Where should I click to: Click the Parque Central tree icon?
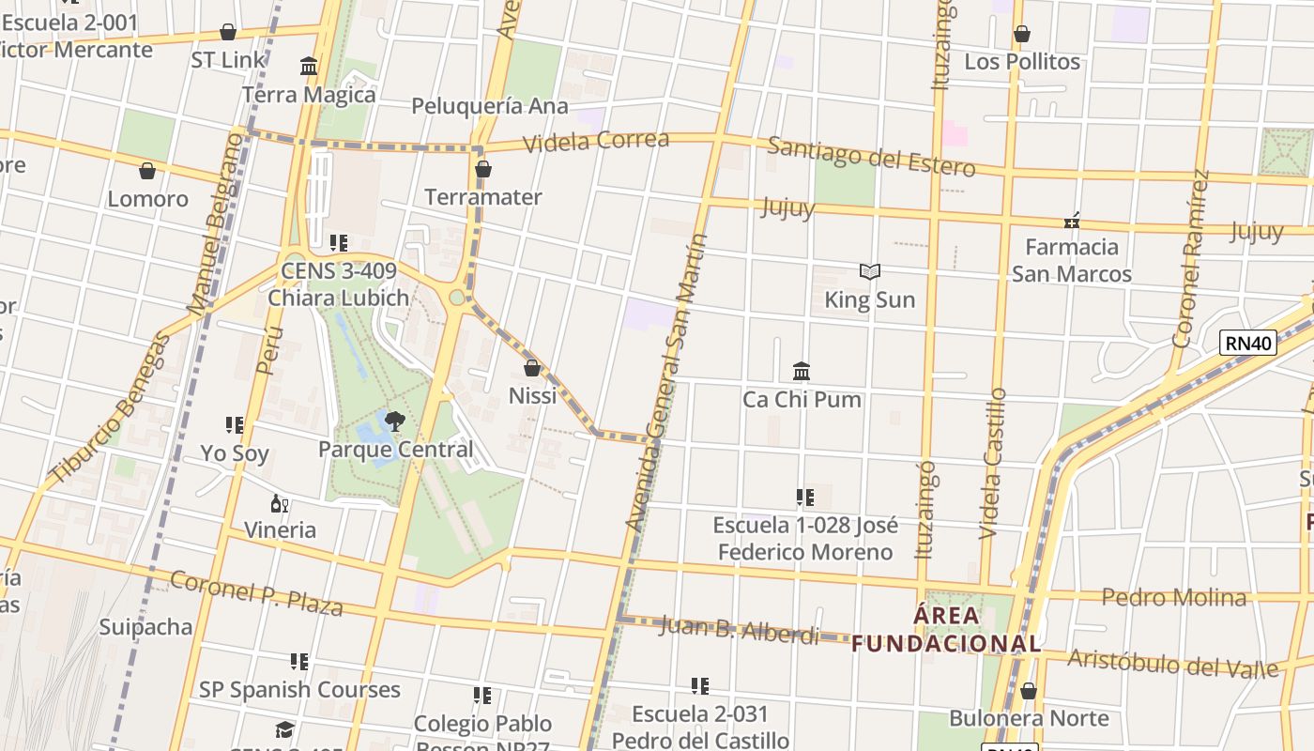point(394,421)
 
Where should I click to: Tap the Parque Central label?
point(395,450)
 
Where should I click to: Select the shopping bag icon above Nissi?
point(532,368)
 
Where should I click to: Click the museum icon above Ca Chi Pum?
point(801,371)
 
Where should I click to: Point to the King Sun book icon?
point(869,272)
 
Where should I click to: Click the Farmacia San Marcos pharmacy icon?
point(1071,221)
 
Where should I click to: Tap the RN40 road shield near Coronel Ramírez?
point(1247,343)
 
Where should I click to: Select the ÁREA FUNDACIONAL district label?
point(946,630)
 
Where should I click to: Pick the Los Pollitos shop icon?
point(1021,35)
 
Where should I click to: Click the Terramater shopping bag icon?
point(482,170)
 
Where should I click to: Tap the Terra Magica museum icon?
point(309,67)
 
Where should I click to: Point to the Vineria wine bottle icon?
point(279,504)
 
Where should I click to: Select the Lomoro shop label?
point(147,199)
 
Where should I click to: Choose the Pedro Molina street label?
point(1173,597)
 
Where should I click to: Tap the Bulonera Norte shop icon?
point(1028,692)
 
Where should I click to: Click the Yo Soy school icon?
point(234,425)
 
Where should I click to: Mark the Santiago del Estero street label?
point(871,156)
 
